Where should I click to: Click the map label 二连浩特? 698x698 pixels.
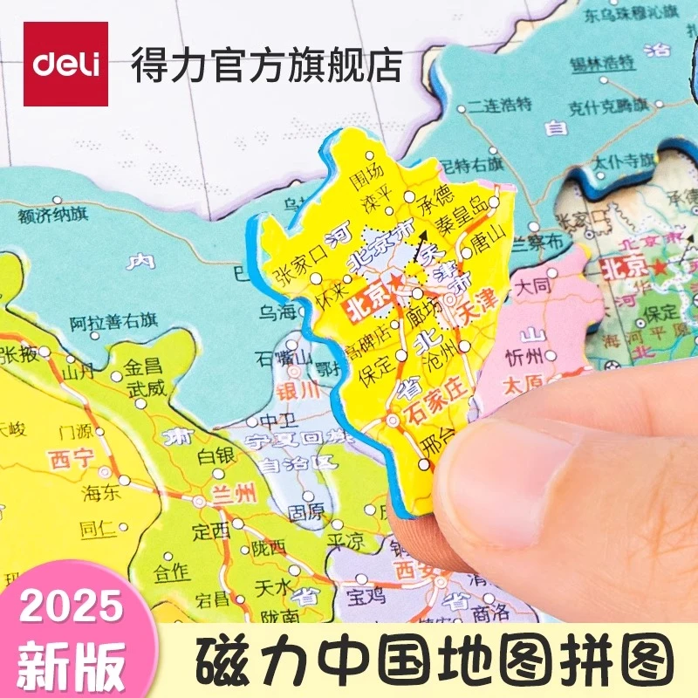point(499,105)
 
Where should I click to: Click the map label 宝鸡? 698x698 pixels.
point(366,597)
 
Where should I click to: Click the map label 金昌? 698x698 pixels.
point(144,370)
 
